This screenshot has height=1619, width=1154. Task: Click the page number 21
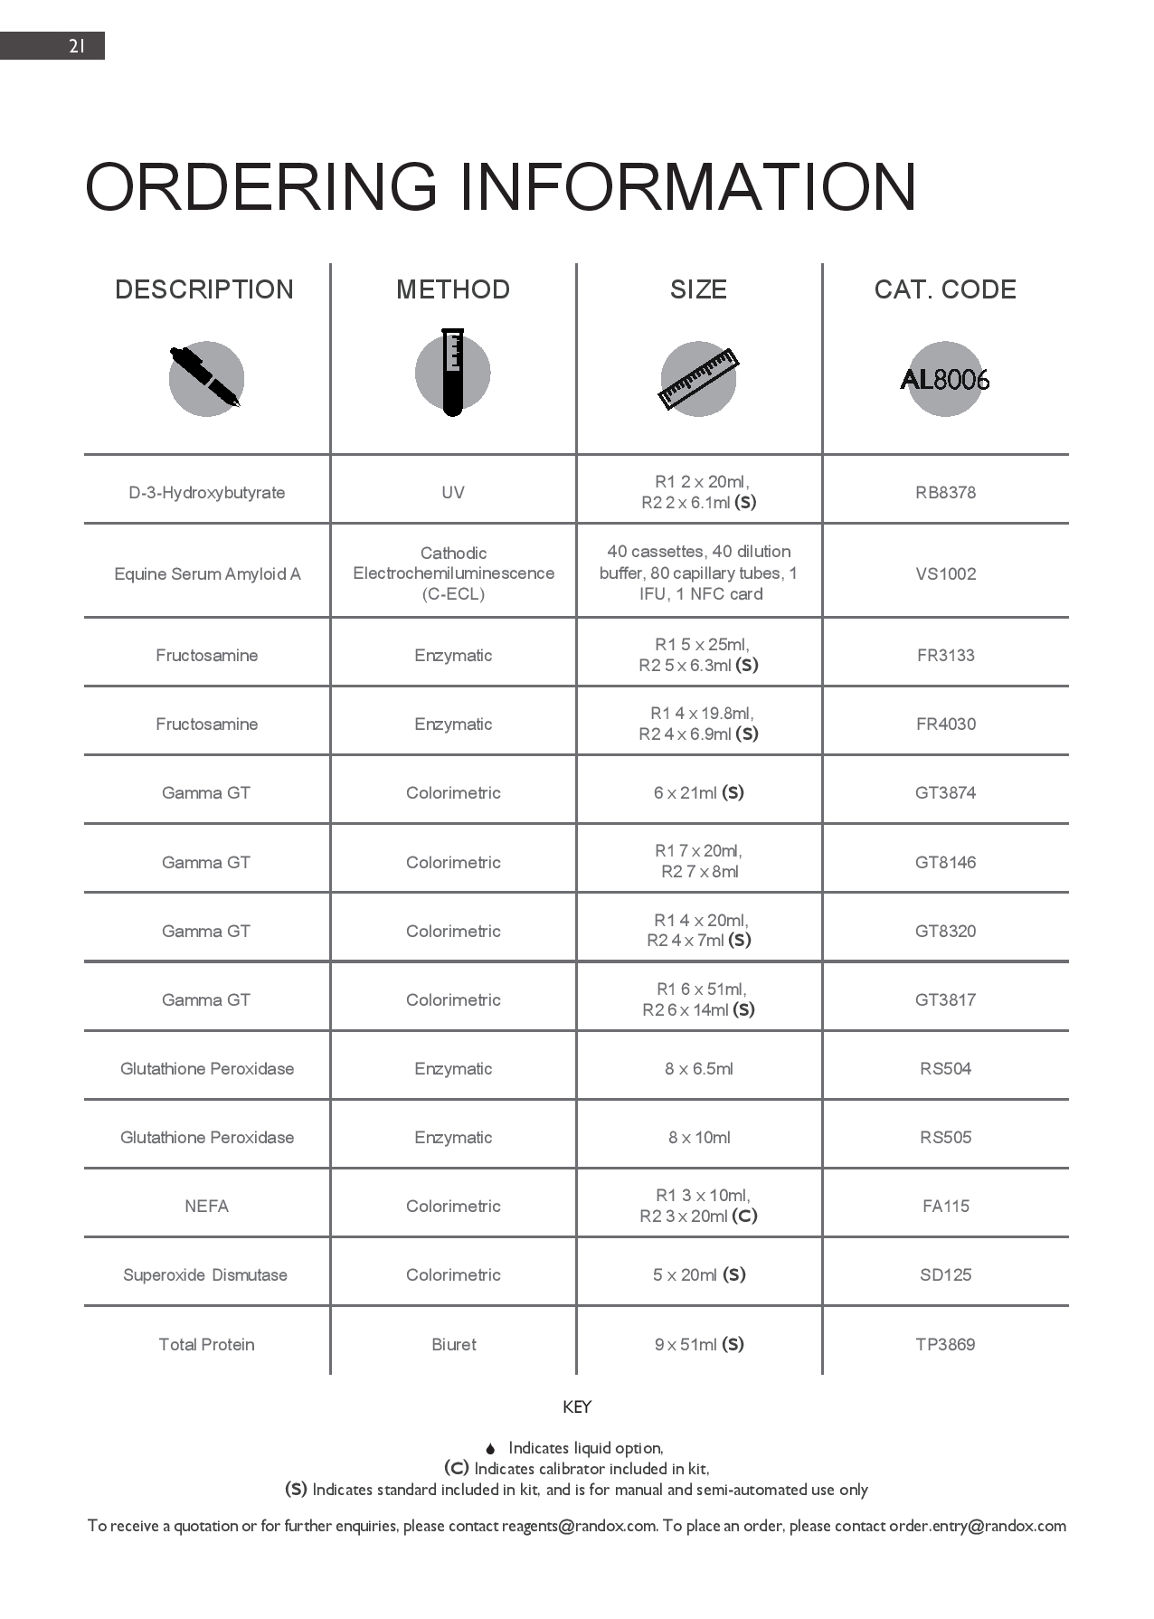pyautogui.click(x=77, y=46)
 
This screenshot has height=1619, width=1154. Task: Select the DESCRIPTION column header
pyautogui.click(x=204, y=289)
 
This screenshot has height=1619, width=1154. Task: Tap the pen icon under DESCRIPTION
pyautogui.click(x=206, y=378)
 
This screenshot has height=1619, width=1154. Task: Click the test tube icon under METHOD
pyautogui.click(x=453, y=372)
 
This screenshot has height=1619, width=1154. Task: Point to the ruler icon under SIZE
pyautogui.click(x=698, y=379)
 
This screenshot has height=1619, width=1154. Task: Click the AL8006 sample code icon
pyautogui.click(x=945, y=379)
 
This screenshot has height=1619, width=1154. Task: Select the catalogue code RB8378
pyautogui.click(x=945, y=493)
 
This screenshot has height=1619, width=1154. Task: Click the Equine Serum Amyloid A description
pyautogui.click(x=207, y=574)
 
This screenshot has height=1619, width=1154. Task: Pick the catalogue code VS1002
pyautogui.click(x=945, y=574)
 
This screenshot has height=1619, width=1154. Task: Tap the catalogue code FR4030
pyautogui.click(x=945, y=724)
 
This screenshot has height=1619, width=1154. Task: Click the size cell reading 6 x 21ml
pyautogui.click(x=698, y=793)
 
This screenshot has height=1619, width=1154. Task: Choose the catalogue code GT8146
pyautogui.click(x=945, y=863)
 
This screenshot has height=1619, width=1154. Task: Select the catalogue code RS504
pyautogui.click(x=945, y=1069)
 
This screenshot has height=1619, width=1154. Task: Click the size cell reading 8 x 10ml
pyautogui.click(x=699, y=1138)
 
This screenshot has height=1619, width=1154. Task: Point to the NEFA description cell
pyautogui.click(x=206, y=1207)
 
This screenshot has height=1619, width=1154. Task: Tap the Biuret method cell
pyautogui.click(x=453, y=1345)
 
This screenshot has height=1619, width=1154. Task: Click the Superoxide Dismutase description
pyautogui.click(x=205, y=1275)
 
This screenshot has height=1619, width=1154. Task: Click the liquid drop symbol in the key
pyautogui.click(x=490, y=1449)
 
